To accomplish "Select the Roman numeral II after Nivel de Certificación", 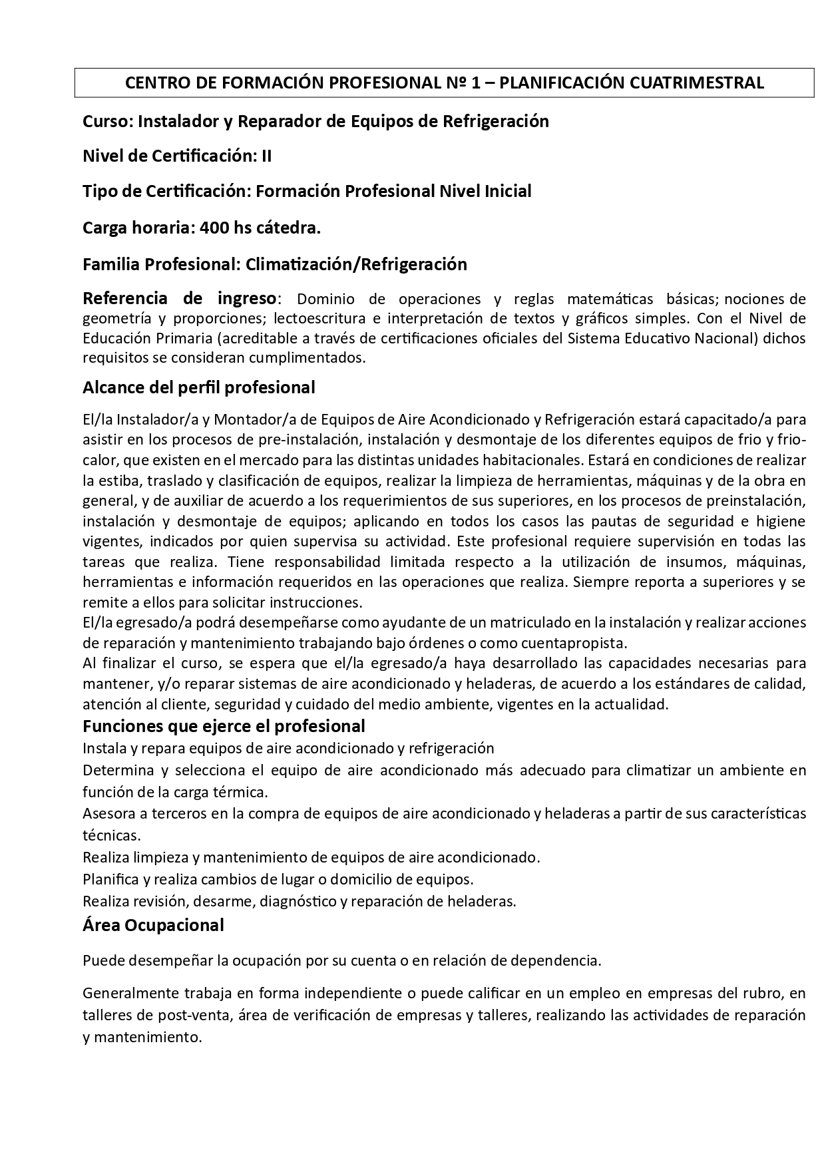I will [x=266, y=156].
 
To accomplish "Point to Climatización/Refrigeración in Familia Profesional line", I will [x=356, y=265].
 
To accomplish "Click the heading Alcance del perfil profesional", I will [x=198, y=387].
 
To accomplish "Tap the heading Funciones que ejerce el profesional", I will [x=224, y=726].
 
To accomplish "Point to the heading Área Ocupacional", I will [x=153, y=925].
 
